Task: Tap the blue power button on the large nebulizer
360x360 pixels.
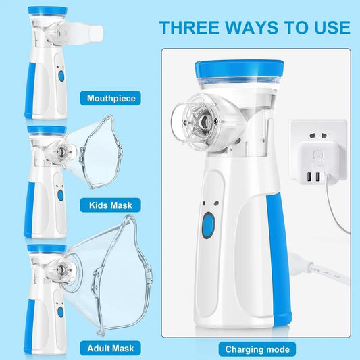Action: (x=209, y=224)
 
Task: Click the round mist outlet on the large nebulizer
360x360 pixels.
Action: (x=199, y=126)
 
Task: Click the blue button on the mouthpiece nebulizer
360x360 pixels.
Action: (x=60, y=76)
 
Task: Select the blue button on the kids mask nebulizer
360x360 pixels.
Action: (x=60, y=195)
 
